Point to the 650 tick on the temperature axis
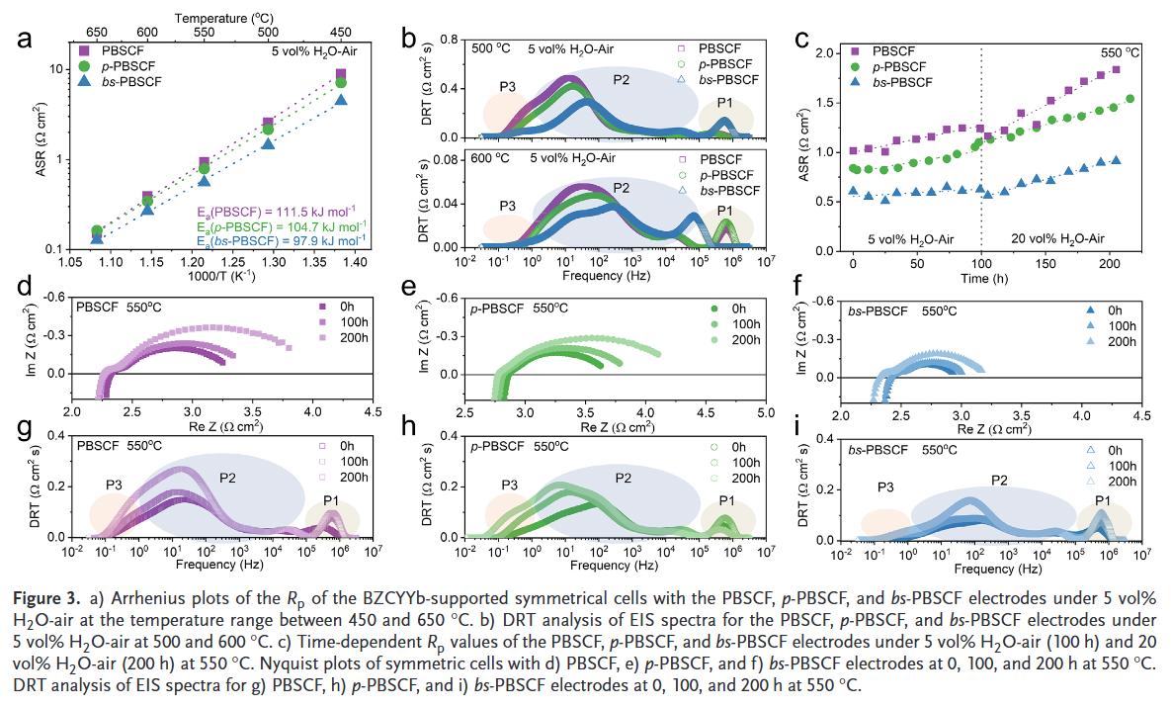tap(97, 33)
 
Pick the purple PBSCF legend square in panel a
tap(84, 48)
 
